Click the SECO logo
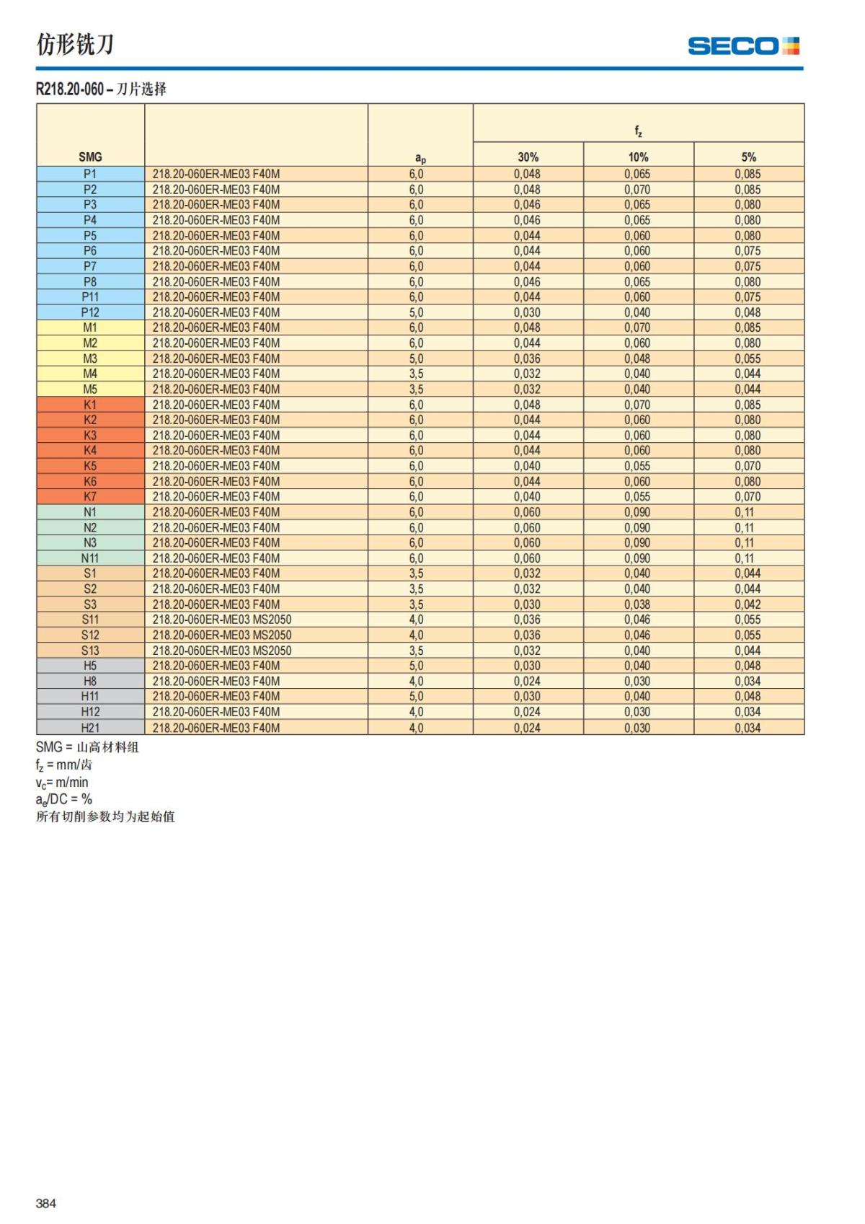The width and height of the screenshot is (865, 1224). click(x=743, y=46)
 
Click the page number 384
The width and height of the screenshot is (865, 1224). click(x=46, y=1203)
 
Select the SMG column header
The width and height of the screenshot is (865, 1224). click(x=90, y=157)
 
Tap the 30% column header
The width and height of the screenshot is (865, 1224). click(x=528, y=157)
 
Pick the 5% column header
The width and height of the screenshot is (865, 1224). click(x=748, y=157)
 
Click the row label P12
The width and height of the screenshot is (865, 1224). click(x=90, y=312)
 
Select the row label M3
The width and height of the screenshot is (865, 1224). click(x=90, y=358)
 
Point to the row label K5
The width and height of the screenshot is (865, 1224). click(x=90, y=466)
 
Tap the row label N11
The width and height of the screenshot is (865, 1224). click(x=90, y=558)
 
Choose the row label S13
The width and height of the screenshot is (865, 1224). click(x=90, y=651)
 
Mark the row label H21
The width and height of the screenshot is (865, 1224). click(x=90, y=728)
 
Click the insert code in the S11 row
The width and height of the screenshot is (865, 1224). click(x=222, y=620)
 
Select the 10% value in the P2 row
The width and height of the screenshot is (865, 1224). click(x=637, y=190)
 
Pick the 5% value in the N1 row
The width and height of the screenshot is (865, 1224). click(x=745, y=512)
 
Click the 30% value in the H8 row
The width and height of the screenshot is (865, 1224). click(x=527, y=681)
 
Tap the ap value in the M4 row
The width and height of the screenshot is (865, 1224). click(x=416, y=374)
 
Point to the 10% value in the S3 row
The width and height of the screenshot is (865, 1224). click(x=637, y=604)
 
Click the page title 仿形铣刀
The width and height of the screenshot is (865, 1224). click(x=75, y=45)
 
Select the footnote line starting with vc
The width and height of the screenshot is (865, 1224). click(x=62, y=783)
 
